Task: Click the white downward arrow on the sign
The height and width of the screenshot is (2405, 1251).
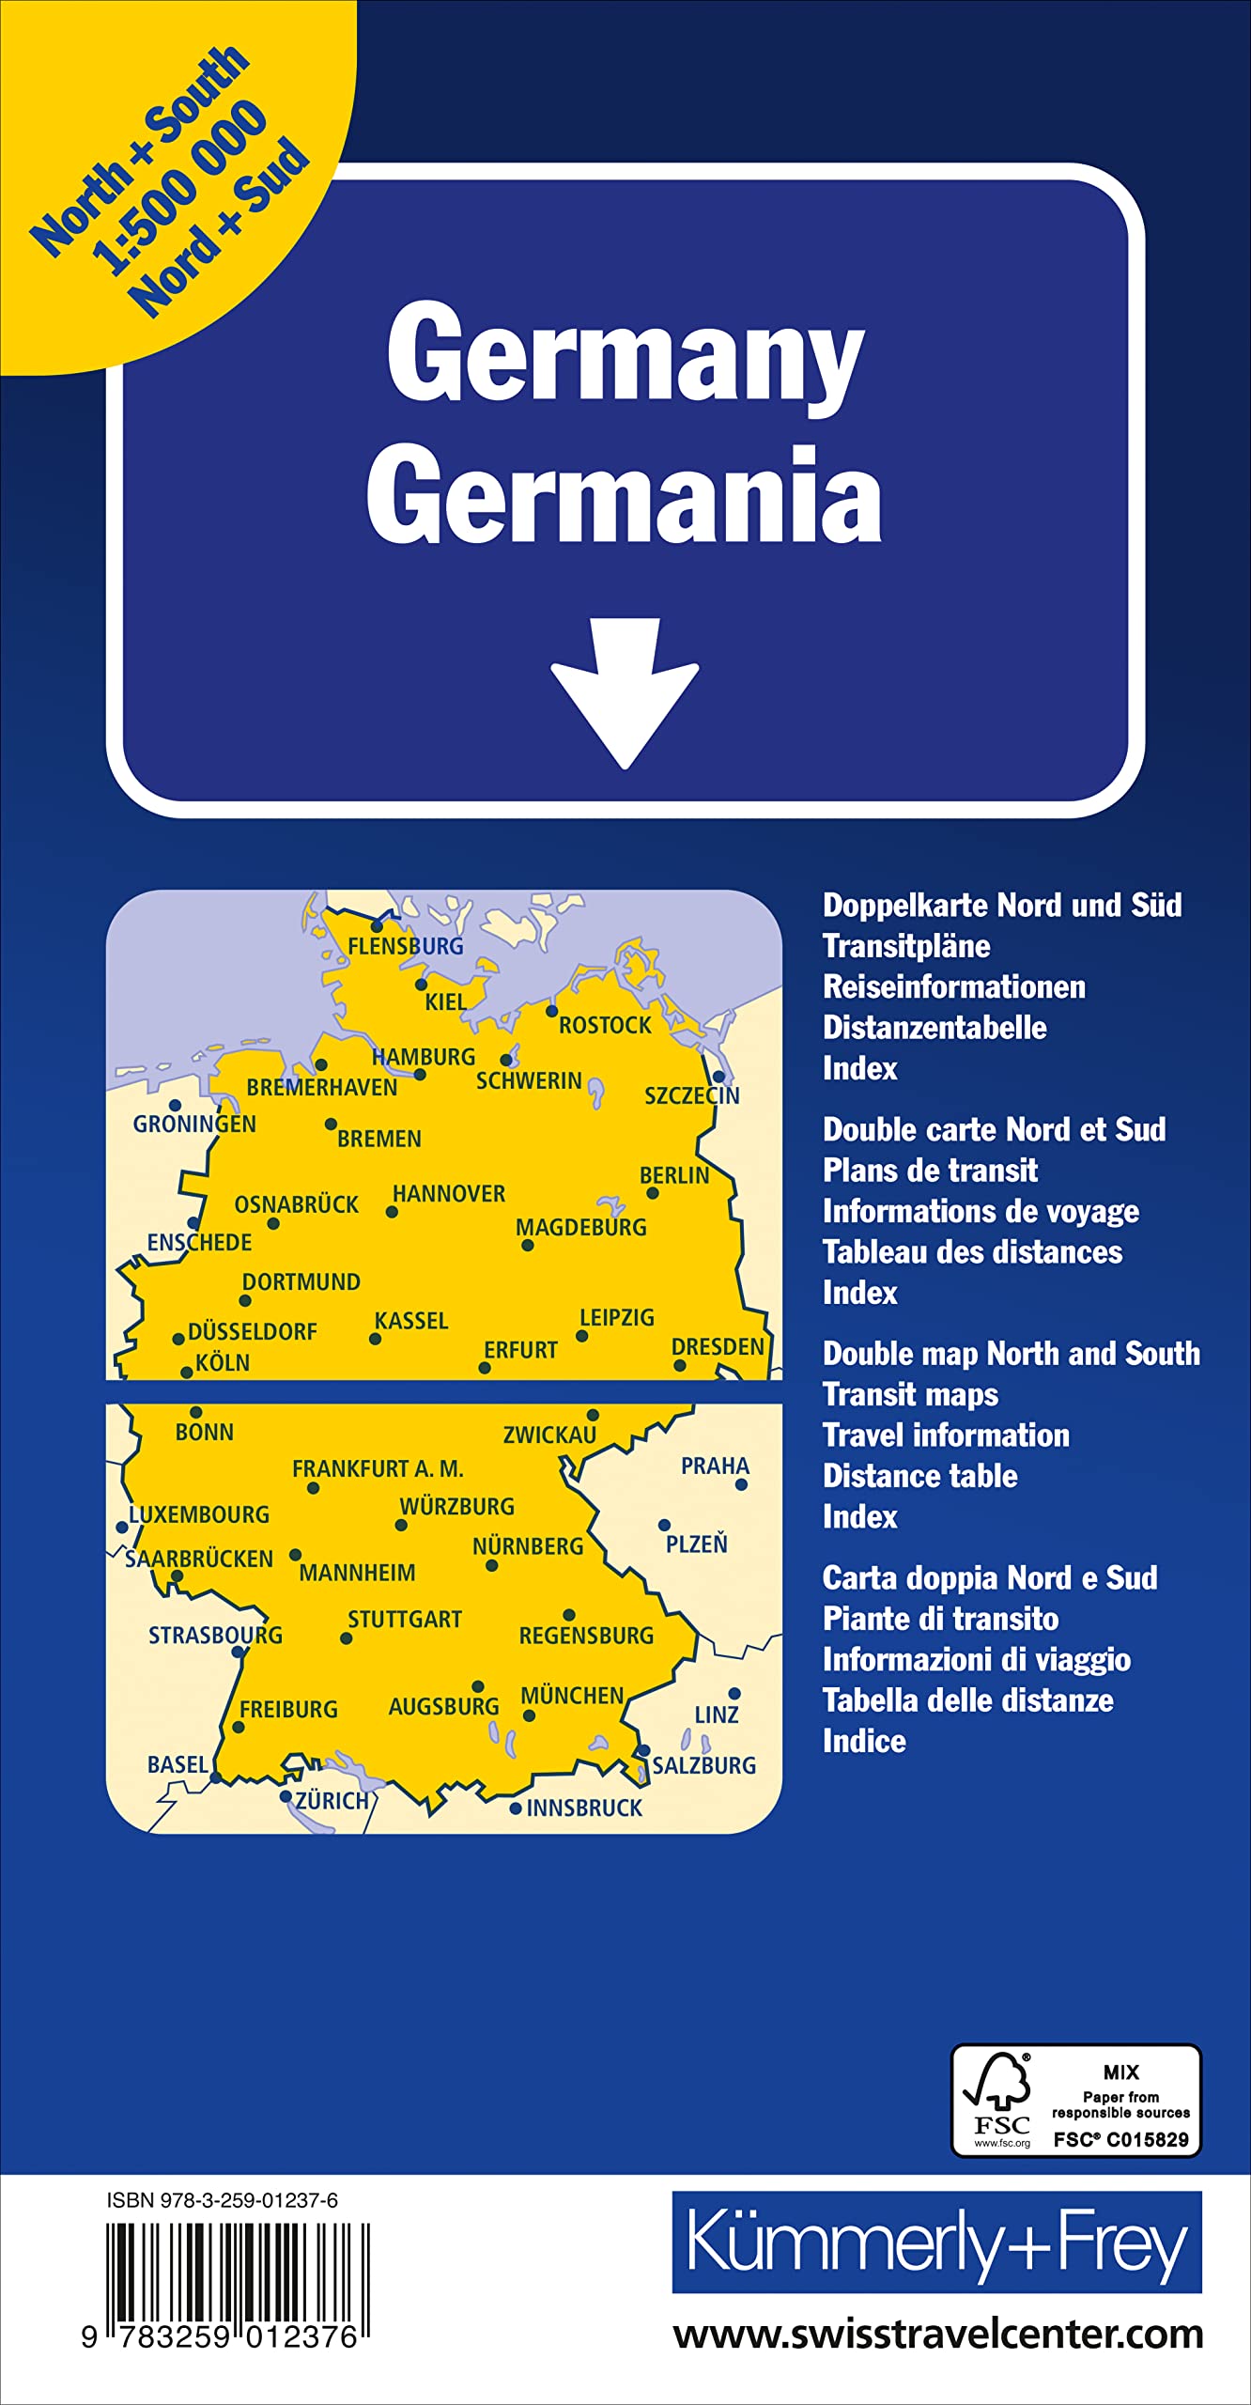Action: [625, 691]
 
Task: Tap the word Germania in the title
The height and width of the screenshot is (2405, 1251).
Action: [624, 495]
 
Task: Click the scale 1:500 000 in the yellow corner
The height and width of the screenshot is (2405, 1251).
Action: [178, 188]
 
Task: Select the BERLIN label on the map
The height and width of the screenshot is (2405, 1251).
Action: [673, 1175]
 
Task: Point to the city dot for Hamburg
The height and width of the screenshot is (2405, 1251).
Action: [420, 1075]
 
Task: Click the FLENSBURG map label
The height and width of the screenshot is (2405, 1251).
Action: [406, 946]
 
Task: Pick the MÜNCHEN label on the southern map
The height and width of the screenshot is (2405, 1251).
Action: [572, 1696]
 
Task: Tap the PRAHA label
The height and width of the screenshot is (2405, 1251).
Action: [715, 1466]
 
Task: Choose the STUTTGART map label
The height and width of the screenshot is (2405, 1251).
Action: [405, 1619]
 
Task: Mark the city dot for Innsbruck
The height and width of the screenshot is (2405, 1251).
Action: [515, 1808]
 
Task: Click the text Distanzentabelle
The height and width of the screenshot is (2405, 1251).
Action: [934, 1027]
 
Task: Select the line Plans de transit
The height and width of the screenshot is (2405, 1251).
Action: [930, 1170]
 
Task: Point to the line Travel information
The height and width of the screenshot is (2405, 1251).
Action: [946, 1435]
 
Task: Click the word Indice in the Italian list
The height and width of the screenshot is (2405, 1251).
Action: [864, 1741]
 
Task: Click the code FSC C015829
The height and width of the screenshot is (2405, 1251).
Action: [1120, 2139]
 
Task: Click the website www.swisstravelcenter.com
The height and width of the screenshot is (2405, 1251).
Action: [937, 2335]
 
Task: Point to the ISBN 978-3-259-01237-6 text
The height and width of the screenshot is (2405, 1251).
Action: [223, 2200]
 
